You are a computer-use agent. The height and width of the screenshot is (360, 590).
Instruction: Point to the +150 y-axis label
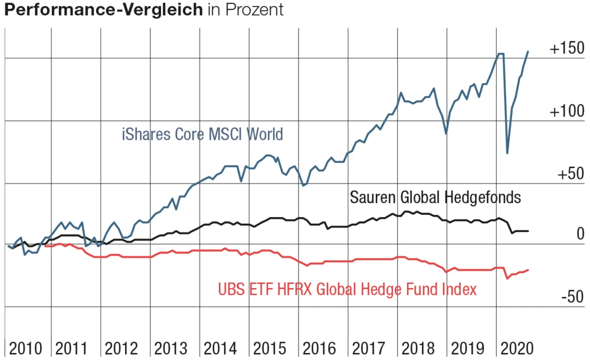click(x=566, y=50)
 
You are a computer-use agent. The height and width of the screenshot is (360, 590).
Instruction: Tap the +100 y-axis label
click(x=566, y=112)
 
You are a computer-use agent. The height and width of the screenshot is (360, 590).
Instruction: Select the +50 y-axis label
click(x=570, y=175)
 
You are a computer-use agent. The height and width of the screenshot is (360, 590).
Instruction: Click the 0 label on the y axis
click(x=579, y=234)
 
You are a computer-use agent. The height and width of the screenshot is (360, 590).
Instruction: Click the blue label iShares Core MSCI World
click(x=202, y=135)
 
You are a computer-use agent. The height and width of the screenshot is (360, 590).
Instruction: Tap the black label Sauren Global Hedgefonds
click(x=435, y=197)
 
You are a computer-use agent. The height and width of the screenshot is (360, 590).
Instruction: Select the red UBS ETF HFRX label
click(x=347, y=289)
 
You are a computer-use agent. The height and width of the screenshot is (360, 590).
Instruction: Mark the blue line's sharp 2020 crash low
click(x=507, y=153)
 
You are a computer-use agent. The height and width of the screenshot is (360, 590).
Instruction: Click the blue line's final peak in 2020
click(x=528, y=52)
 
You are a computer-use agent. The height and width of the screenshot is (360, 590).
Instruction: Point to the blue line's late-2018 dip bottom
click(x=446, y=134)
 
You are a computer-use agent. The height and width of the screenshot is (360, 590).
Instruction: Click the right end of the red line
click(x=528, y=270)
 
